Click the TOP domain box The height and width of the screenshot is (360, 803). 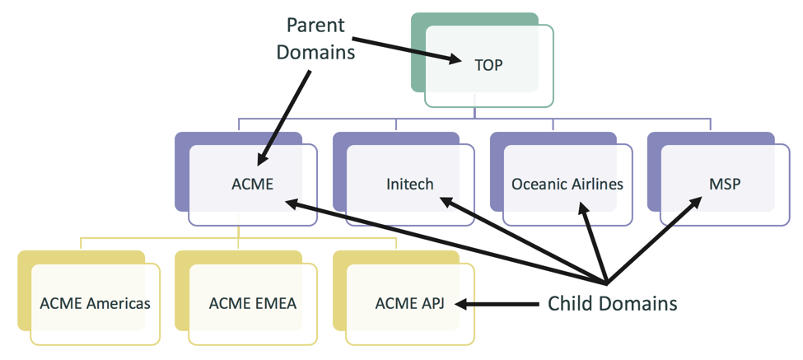488,65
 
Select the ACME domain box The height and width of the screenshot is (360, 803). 252,184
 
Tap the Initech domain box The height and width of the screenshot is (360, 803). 409,184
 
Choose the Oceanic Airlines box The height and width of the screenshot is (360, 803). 567,184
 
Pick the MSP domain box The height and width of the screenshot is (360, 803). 724,184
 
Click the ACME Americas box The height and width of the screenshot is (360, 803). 95,303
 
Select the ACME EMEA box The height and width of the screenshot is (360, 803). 252,303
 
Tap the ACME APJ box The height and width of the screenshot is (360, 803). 409,303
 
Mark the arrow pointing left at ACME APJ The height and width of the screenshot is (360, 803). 494,304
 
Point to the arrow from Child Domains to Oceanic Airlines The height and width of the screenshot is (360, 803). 595,243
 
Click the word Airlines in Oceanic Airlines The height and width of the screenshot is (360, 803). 596,184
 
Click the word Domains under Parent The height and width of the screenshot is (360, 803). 315,51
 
